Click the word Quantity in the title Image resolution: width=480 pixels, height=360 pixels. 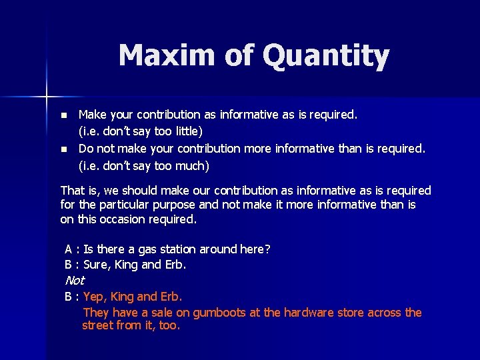pos(326,57)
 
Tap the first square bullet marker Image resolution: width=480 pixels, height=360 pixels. pos(64,115)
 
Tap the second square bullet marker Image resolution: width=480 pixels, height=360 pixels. pos(64,148)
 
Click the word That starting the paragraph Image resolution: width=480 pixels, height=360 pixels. pos(72,191)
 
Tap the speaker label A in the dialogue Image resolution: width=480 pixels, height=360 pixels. pos(69,249)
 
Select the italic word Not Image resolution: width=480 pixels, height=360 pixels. pos(75,281)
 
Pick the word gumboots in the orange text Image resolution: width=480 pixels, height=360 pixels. pos(233,312)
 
